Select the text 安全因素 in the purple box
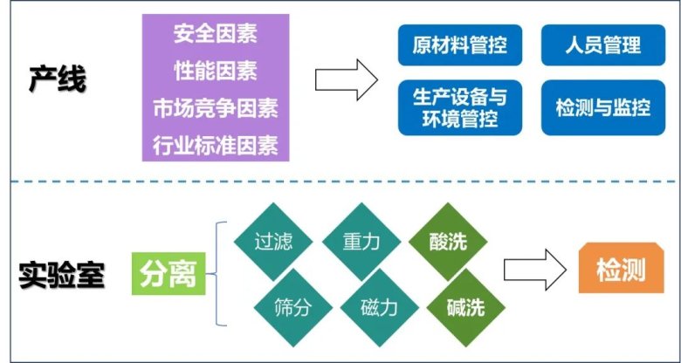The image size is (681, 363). pyautogui.click(x=215, y=36)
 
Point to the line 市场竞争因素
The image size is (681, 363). pyautogui.click(x=215, y=108)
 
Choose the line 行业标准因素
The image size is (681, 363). pyautogui.click(x=215, y=144)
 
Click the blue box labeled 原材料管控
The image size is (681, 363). pyautogui.click(x=460, y=44)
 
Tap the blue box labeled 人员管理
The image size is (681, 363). pyautogui.click(x=603, y=44)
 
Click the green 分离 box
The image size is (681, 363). pyautogui.click(x=168, y=276)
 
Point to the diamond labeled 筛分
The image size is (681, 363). pyautogui.click(x=290, y=306)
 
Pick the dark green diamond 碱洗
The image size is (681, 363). pyautogui.click(x=463, y=306)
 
